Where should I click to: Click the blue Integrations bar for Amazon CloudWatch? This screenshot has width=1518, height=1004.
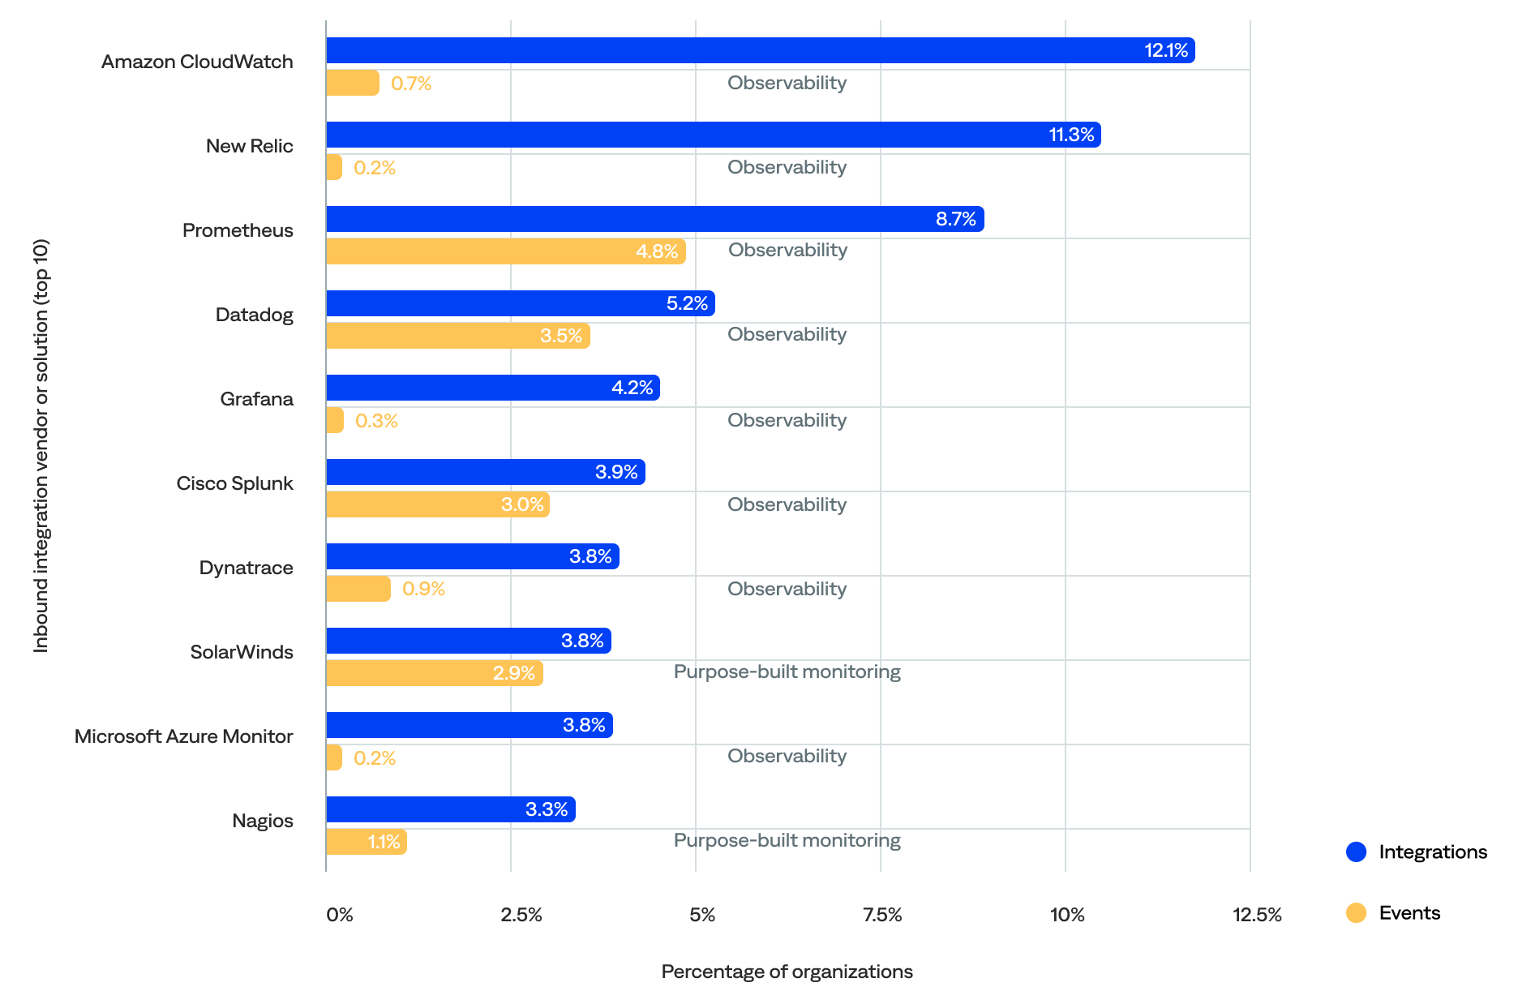click(760, 50)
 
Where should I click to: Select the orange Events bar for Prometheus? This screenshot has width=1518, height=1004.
click(505, 251)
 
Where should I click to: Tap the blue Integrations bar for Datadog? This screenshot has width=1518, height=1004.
click(520, 303)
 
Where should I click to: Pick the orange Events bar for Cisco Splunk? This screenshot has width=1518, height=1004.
click(437, 504)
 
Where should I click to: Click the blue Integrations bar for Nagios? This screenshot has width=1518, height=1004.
click(450, 809)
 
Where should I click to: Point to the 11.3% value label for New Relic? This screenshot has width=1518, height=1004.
click(1071, 135)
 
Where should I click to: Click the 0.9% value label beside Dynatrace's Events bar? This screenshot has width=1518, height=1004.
click(423, 589)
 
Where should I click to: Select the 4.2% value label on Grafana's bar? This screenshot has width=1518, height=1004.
click(632, 388)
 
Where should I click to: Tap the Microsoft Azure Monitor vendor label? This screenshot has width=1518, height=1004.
click(183, 736)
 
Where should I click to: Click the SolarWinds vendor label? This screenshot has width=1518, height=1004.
click(242, 652)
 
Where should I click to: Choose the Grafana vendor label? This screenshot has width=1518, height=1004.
click(256, 399)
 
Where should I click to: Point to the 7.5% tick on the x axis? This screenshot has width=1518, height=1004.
click(882, 915)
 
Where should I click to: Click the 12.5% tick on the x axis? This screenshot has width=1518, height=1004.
click(1257, 915)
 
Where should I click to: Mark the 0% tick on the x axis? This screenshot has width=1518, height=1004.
click(339, 915)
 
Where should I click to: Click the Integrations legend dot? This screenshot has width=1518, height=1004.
click(1356, 852)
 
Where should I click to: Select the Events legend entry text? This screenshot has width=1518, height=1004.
click(1409, 913)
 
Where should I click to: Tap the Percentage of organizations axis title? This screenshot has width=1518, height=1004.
click(787, 972)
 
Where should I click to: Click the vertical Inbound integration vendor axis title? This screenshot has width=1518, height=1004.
click(41, 445)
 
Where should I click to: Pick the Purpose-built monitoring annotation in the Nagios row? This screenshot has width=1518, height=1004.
click(787, 840)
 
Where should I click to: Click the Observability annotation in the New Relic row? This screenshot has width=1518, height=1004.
click(787, 167)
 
